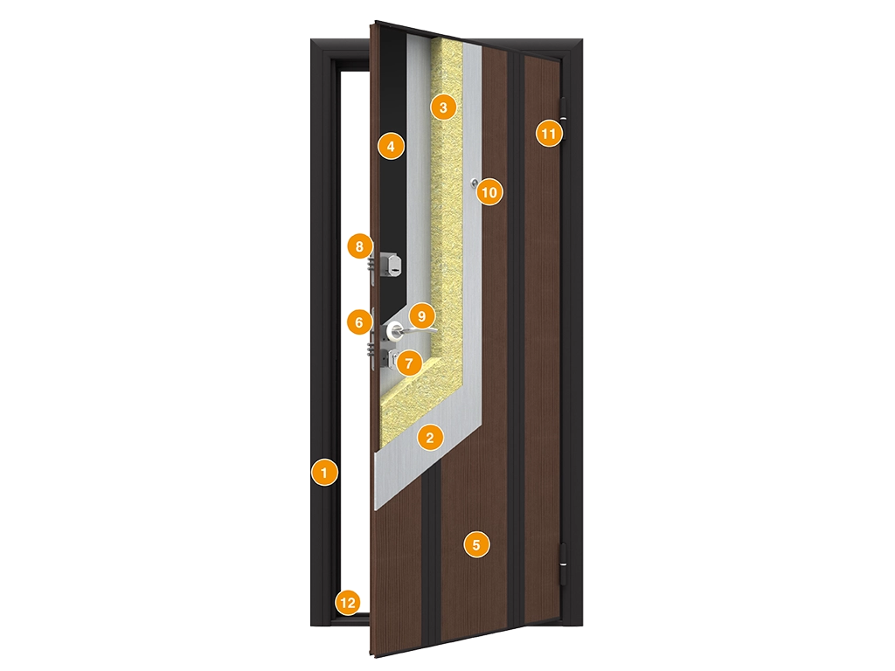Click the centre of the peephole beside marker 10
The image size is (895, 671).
point(475,183)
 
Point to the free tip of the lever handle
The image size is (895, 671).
point(437,329)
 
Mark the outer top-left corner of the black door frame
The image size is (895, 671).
point(311,39)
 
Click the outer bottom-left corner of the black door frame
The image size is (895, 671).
point(311,626)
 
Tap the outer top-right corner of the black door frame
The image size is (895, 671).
point(583,39)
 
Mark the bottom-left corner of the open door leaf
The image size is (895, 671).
point(375,655)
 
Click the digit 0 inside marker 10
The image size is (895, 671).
point(494,192)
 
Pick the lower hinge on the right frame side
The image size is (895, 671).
point(565,564)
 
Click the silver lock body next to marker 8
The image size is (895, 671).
point(390,262)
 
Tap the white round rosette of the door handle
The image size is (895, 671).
point(394,329)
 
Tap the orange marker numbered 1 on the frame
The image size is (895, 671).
point(325,473)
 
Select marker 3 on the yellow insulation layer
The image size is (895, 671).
point(443,107)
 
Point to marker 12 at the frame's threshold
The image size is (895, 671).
point(348,603)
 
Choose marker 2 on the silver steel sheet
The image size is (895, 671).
point(430,438)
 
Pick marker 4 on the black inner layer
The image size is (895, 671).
point(391,147)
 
